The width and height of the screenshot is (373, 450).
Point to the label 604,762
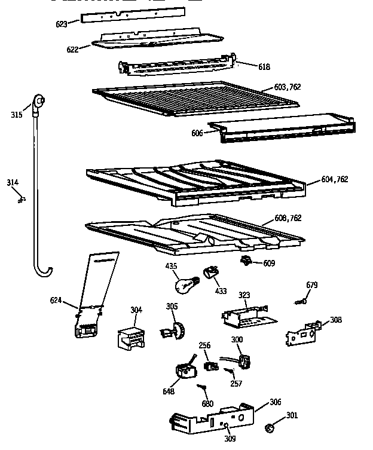click(335, 179)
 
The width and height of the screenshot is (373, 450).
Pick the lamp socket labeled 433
click(210, 273)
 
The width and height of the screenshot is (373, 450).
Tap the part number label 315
click(16, 115)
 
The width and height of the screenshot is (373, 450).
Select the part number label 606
click(197, 133)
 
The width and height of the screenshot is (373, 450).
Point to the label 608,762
click(287, 219)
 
